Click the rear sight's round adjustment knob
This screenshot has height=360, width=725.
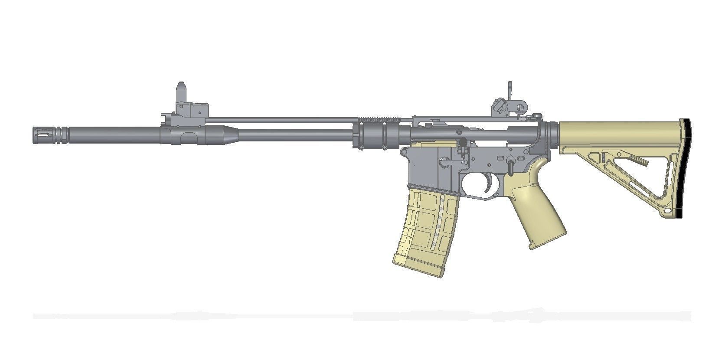click(498, 105)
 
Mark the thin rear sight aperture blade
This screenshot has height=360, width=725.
click(511, 93)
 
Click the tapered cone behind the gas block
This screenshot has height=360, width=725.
click(225, 135)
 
